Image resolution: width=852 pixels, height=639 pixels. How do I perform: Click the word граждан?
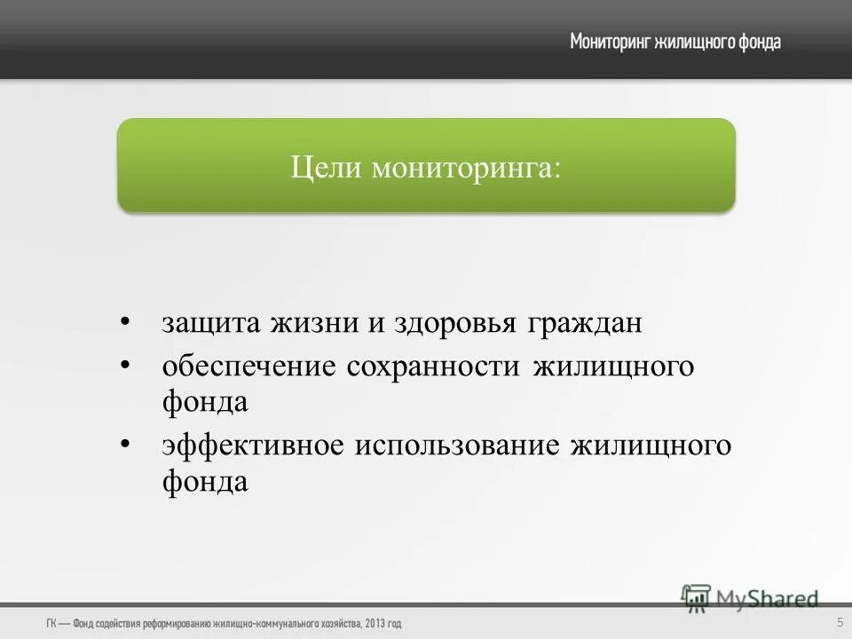586,323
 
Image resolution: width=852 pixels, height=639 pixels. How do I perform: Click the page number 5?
840,622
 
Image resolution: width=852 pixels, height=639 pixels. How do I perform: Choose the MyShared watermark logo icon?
697,597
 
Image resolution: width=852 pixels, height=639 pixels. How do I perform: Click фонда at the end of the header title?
760,42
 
